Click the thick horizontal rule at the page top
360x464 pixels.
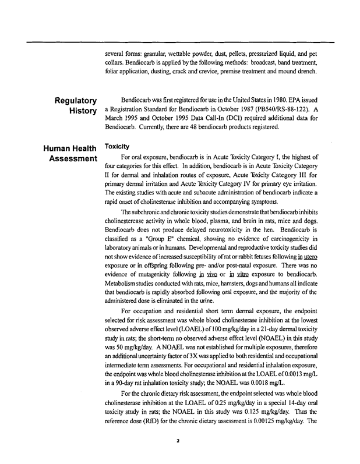[x=192, y=41]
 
